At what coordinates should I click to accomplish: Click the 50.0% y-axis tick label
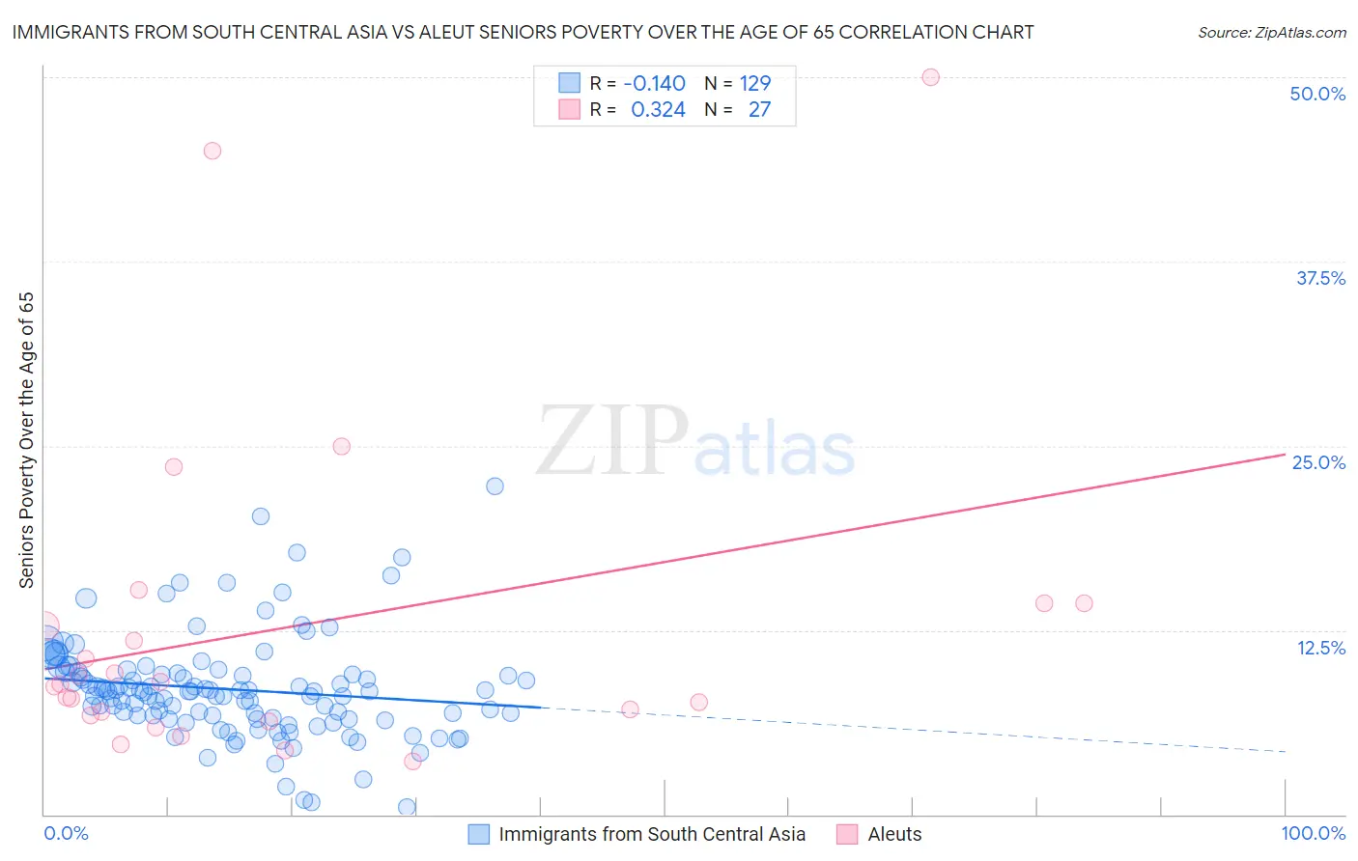[1316, 94]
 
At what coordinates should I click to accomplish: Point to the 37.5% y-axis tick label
[1319, 278]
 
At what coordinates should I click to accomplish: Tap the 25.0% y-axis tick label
[1318, 462]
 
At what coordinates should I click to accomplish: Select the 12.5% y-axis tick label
[1320, 648]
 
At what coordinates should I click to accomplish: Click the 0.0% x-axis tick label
[66, 834]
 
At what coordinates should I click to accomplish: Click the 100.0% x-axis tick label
[1313, 834]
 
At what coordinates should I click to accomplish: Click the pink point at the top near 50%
[930, 77]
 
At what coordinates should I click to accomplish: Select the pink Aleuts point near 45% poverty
[212, 151]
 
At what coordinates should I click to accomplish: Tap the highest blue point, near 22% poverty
[495, 486]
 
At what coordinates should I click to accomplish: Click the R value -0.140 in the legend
[654, 84]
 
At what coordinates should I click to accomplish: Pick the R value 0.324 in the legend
[658, 110]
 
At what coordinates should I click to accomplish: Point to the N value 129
[754, 84]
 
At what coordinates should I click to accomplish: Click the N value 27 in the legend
[759, 110]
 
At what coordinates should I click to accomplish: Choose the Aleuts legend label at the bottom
[894, 835]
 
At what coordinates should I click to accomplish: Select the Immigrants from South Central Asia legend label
[651, 835]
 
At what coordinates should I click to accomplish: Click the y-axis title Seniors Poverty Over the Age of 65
[27, 440]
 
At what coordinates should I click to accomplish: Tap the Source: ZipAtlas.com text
[1271, 33]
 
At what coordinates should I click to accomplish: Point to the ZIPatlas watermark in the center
[695, 442]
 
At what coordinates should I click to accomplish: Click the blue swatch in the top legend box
[570, 84]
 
